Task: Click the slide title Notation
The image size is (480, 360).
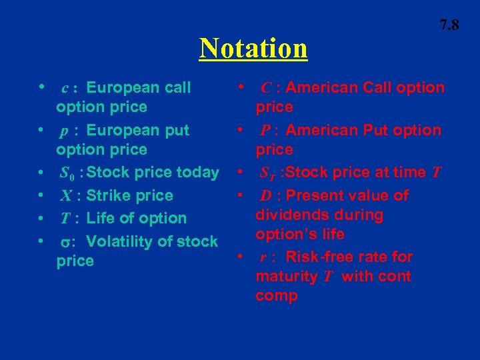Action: tap(253, 48)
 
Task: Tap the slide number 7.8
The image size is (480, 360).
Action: tap(449, 25)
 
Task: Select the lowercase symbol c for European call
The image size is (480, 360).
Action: tap(65, 88)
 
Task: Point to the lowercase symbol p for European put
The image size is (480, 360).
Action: tap(64, 131)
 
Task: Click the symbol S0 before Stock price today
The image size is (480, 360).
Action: tap(67, 173)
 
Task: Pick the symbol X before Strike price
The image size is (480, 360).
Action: tap(66, 196)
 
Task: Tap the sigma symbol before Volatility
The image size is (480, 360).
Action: tap(66, 242)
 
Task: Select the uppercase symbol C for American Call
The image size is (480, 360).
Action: tap(265, 88)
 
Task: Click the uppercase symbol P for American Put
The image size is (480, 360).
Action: tap(265, 131)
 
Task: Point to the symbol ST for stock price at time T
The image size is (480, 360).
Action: tap(268, 173)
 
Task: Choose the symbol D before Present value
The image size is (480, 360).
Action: tap(265, 196)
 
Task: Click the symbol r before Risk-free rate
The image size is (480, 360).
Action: tap(265, 257)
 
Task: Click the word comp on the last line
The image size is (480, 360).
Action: tap(276, 296)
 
